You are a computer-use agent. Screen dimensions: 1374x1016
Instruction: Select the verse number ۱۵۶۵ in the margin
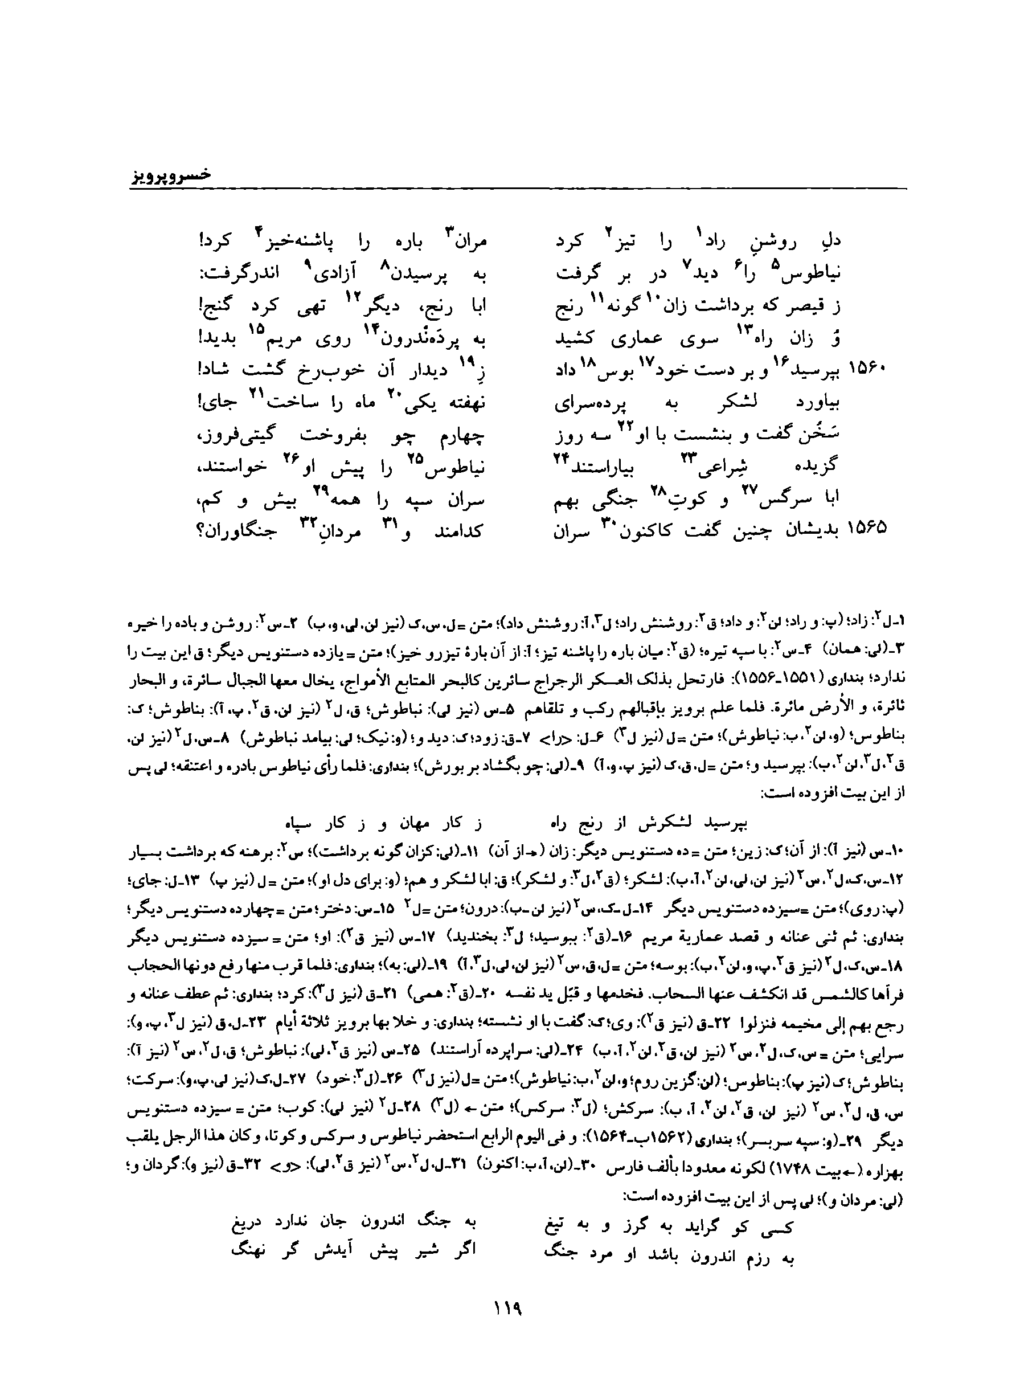(x=868, y=528)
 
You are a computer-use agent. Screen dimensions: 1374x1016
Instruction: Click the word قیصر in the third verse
(x=800, y=306)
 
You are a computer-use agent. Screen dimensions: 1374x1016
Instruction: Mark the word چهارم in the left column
(x=461, y=435)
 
